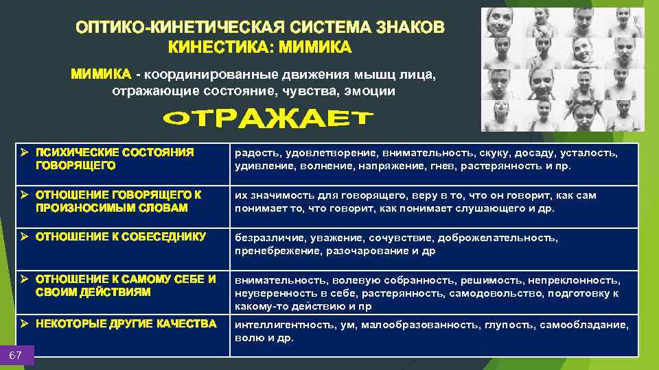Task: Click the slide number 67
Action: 16,355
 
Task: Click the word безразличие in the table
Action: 269,238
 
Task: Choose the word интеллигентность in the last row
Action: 281,325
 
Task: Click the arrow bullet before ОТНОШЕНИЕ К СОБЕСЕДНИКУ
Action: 24,236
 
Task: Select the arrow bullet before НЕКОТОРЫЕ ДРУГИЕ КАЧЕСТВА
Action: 24,323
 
